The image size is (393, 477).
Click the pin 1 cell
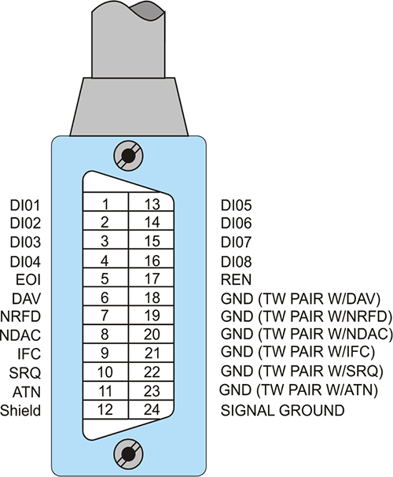pos(105,202)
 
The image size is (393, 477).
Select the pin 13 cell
pos(151,202)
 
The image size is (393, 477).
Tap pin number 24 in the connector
pos(151,409)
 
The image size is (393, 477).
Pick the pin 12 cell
pos(105,409)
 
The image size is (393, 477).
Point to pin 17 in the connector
pos(151,277)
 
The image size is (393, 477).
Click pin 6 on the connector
pos(105,296)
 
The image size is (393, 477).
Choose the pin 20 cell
pos(151,334)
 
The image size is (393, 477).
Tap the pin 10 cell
pos(105,372)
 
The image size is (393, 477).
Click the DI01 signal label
pos(25,205)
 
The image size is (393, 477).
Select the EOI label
pos(28,280)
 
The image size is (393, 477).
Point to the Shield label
pos(20,410)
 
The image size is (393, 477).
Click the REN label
pos(237,280)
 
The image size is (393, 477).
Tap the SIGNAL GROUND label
pos(282,410)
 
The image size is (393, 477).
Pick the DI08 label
pos(237,261)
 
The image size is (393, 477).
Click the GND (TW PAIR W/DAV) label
pos(301,299)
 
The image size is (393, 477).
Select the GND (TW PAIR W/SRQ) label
pos(302,371)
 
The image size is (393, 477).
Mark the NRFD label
pos(20,316)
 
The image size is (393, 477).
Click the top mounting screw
pos(128,156)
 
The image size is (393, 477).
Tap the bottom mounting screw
pos(128,454)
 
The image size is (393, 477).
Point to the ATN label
pos(27,392)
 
